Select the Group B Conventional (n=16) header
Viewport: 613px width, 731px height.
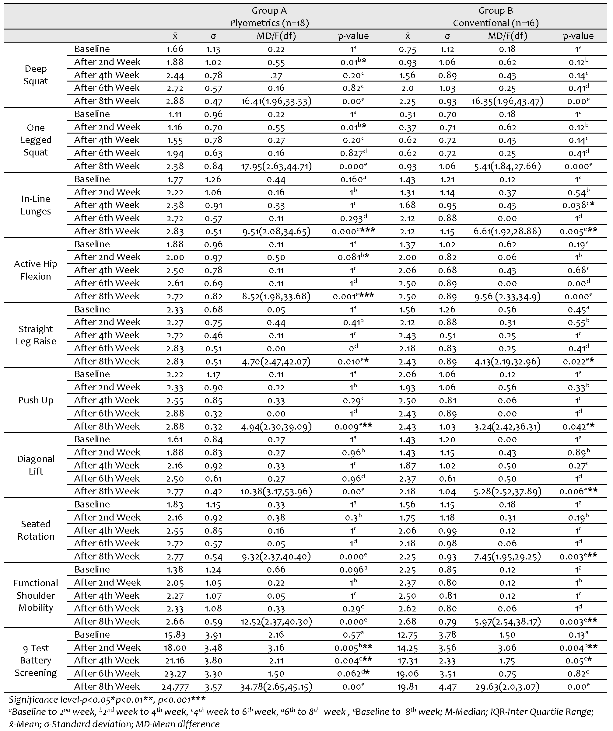[495, 17]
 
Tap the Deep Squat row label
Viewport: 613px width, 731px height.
[36, 75]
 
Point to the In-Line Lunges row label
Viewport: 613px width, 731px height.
[36, 205]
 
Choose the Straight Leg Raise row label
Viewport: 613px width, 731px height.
[36, 335]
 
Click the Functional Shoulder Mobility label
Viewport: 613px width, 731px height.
[36, 595]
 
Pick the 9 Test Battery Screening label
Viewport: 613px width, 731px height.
[36, 660]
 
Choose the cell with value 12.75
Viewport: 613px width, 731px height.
[407, 635]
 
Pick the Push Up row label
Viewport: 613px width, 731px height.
[36, 400]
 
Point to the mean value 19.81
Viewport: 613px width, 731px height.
[407, 687]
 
